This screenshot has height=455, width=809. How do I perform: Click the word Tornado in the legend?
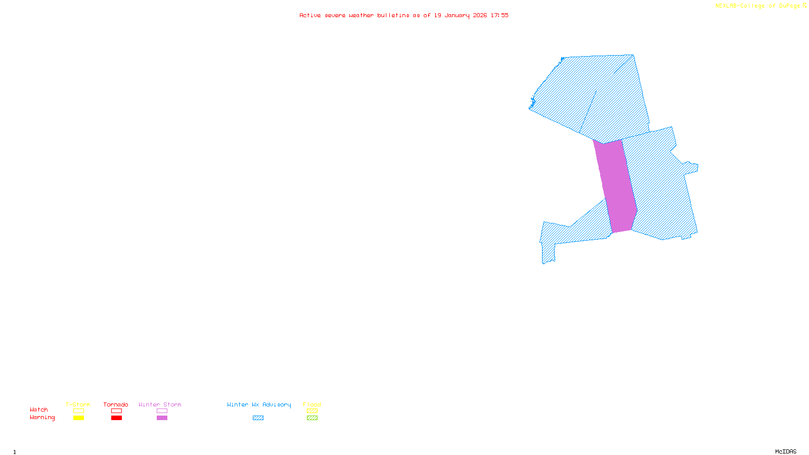[x=116, y=404]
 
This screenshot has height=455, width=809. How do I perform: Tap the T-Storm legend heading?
[x=78, y=404]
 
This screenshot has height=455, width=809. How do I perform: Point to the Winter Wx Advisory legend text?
[x=259, y=404]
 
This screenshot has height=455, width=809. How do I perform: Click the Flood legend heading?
[x=312, y=404]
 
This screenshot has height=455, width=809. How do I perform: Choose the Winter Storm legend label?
[x=160, y=404]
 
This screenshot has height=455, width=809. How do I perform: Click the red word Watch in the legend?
[x=39, y=409]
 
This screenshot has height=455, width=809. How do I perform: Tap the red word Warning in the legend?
[x=42, y=418]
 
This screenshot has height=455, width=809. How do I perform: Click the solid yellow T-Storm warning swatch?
[x=78, y=418]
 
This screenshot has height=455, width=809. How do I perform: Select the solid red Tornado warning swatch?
[x=116, y=418]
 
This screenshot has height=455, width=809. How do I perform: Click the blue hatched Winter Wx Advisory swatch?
[x=258, y=418]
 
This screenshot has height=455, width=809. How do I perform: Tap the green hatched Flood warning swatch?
[x=312, y=418]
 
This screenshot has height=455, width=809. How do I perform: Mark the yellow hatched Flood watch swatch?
[x=312, y=411]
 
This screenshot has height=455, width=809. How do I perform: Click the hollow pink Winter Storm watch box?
[x=162, y=411]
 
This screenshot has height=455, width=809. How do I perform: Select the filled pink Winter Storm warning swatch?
[x=162, y=418]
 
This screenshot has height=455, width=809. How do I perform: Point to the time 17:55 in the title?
[x=500, y=15]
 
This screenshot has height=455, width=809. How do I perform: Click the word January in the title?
[x=457, y=15]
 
